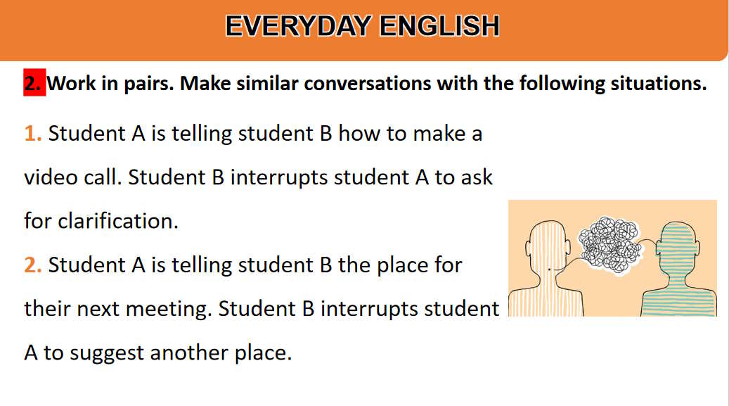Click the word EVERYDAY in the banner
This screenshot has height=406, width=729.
[298, 26]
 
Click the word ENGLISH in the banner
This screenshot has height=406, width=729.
[439, 26]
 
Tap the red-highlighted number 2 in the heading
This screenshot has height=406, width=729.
[34, 83]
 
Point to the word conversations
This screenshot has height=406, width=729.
[367, 83]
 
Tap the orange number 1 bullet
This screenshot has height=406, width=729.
[33, 134]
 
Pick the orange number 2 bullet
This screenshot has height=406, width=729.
[33, 265]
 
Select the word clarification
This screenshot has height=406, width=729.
[117, 221]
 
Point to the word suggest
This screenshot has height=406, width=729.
[106, 353]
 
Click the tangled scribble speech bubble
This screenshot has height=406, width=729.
[609, 245]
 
